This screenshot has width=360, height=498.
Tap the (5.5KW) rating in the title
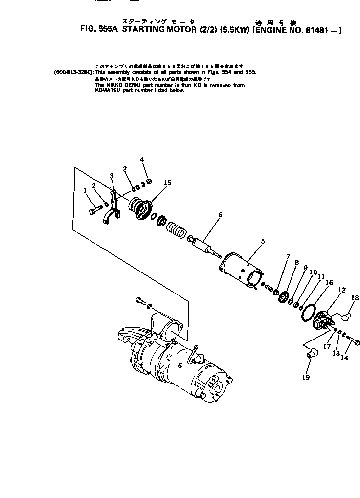234,29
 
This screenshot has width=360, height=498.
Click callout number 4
142,159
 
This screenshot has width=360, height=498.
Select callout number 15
167,182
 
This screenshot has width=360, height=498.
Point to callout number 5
263,241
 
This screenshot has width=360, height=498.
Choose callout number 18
355,297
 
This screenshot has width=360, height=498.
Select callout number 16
329,282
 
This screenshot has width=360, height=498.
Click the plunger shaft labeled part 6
205,244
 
